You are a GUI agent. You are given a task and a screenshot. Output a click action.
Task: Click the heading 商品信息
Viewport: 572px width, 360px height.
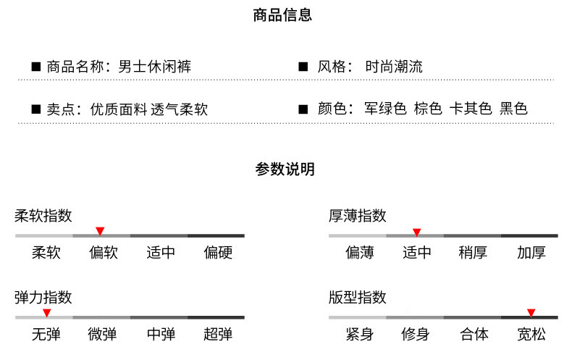[283, 15]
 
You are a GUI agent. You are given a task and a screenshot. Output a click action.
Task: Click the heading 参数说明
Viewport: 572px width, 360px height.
[285, 169]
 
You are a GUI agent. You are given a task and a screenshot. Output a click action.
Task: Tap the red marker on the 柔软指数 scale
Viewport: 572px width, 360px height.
[100, 231]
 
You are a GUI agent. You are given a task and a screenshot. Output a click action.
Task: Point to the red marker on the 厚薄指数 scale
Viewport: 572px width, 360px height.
[416, 232]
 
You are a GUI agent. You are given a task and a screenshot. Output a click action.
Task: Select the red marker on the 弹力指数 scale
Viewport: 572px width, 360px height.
[46, 313]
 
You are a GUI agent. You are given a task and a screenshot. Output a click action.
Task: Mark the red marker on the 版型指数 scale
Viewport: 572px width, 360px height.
[531, 313]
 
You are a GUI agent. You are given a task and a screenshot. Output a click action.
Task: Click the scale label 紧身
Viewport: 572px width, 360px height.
[359, 334]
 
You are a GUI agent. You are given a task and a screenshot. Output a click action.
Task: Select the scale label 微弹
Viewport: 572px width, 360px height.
[102, 334]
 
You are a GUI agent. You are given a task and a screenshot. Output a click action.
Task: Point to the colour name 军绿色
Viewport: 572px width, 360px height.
[385, 109]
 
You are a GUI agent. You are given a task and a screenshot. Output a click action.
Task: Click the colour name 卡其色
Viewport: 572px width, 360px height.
[471, 109]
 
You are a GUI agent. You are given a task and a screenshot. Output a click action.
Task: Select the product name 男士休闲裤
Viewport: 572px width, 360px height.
[154, 67]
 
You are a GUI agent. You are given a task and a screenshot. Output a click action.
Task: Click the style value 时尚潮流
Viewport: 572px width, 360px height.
[394, 67]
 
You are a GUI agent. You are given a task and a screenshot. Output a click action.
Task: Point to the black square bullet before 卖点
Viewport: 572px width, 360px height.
[35, 109]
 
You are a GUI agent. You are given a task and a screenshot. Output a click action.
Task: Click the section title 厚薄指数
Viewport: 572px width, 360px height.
[358, 216]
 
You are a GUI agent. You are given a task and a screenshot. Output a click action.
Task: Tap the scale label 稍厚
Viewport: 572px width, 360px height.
[473, 253]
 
